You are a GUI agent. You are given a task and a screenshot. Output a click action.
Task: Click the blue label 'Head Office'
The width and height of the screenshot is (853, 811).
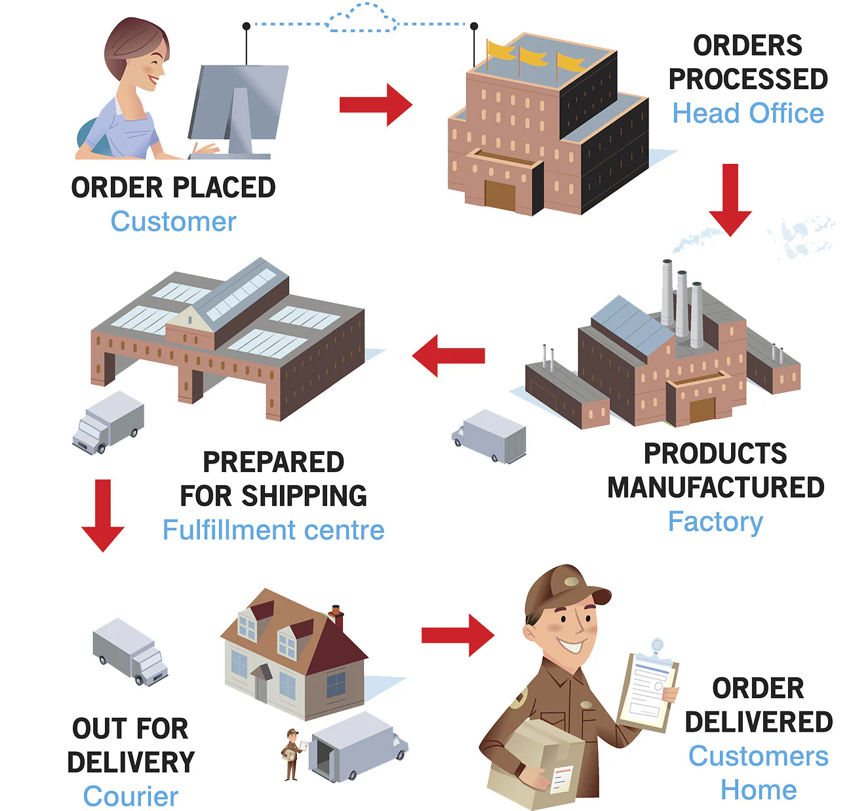point(747,113)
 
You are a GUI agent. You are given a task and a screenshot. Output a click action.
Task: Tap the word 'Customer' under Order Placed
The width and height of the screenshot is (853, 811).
point(173,222)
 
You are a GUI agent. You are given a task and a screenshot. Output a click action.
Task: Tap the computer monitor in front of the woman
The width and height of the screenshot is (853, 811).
point(239,105)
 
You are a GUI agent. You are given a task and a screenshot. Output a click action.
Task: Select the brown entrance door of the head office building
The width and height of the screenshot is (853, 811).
point(500,196)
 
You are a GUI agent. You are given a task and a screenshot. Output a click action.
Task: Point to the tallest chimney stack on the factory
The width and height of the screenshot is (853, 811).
point(667,292)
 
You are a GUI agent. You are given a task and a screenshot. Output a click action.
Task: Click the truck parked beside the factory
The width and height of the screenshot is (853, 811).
point(490,436)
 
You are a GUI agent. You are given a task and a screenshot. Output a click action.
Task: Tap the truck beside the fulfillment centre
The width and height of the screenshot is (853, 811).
point(108,423)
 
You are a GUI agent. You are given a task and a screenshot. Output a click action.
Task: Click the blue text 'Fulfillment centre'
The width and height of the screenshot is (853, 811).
point(273,530)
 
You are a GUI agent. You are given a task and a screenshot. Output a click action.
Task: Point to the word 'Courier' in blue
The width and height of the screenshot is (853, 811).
point(130,796)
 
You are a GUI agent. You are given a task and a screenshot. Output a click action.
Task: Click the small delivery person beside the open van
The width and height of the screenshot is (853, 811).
point(292,754)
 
